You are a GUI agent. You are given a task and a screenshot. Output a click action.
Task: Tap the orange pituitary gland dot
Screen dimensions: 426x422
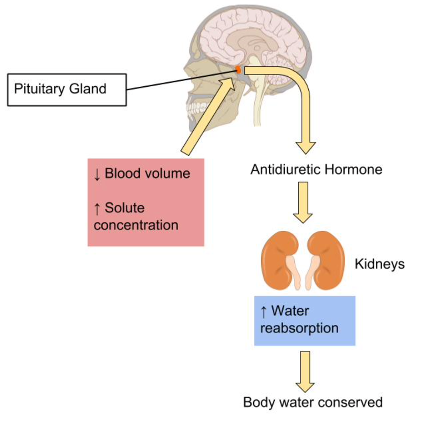coord(238,70)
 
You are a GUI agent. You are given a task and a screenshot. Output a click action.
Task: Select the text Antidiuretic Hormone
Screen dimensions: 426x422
coord(316,169)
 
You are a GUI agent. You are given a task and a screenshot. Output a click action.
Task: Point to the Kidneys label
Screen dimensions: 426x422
coord(379,264)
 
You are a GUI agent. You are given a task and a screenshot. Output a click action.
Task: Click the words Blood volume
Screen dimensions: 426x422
coord(147,174)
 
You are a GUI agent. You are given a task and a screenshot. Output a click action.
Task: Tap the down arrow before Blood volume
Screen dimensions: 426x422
coord(97,174)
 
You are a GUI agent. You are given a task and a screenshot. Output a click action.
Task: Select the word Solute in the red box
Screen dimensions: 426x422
coord(124,208)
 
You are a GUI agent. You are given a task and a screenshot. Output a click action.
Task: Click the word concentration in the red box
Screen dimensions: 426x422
coord(136,225)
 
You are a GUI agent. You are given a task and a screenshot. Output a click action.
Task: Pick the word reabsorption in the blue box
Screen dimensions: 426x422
coord(299,328)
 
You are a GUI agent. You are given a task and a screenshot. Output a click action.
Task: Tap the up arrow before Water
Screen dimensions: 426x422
coord(264,312)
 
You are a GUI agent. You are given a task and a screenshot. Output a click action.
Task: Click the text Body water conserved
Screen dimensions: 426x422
coord(313,402)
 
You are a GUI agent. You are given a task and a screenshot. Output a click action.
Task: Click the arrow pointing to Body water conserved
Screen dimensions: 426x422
coord(305,371)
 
